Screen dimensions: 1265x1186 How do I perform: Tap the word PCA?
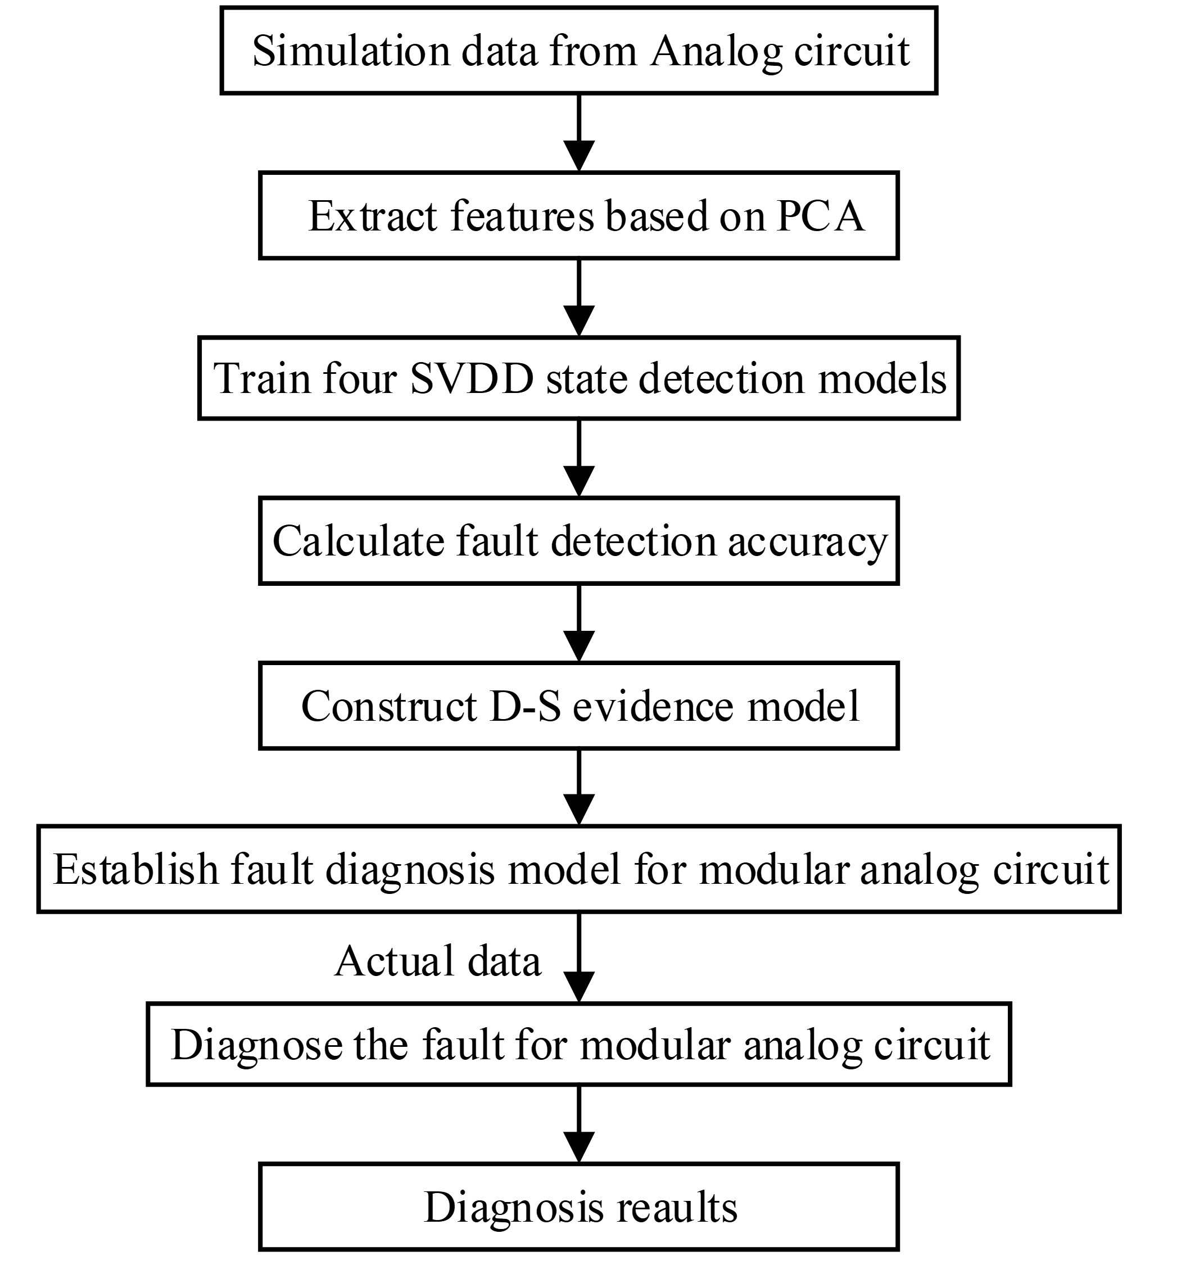(820, 216)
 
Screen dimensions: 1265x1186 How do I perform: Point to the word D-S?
(526, 706)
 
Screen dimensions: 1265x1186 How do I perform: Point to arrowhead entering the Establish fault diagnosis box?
(579, 810)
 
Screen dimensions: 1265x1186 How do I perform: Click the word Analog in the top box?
(715, 51)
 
